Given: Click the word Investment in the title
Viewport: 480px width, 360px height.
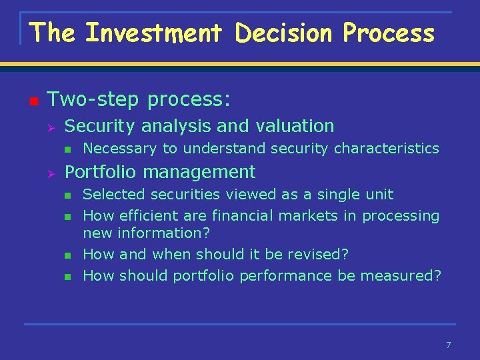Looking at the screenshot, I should pos(155,33).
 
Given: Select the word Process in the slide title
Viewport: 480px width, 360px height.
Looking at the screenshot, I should pos(389,33).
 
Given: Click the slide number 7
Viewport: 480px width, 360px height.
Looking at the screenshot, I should pos(449,345).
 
